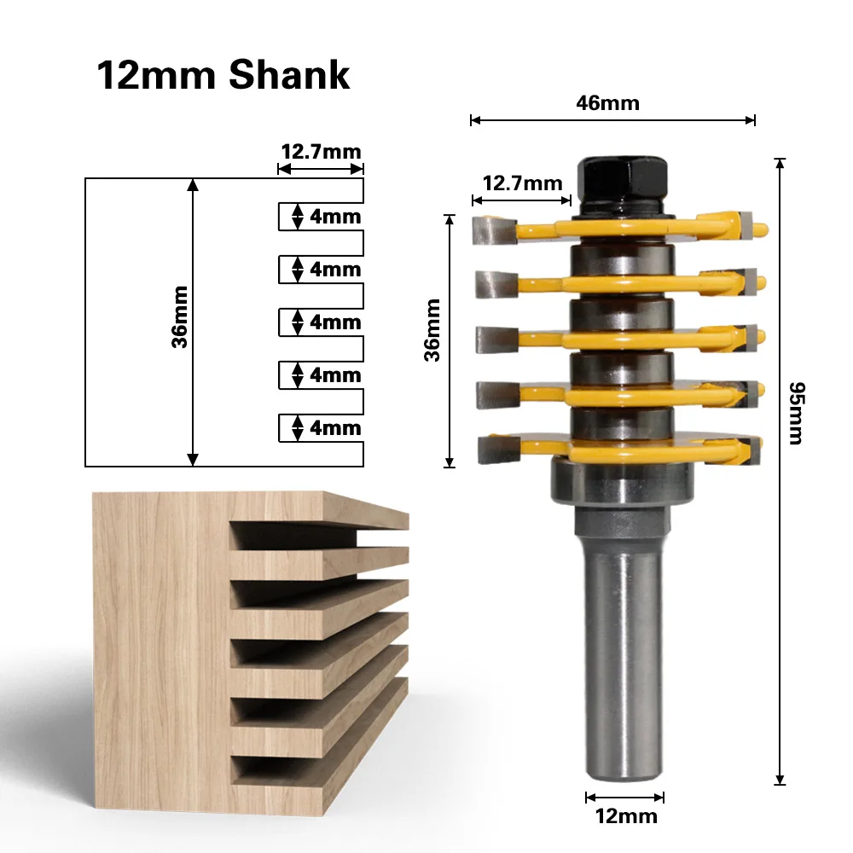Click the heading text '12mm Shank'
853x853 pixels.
click(x=223, y=75)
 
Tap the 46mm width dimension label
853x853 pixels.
click(x=607, y=103)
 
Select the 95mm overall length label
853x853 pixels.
click(x=797, y=414)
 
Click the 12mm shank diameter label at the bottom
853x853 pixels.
click(x=626, y=816)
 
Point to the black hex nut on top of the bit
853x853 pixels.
click(x=623, y=178)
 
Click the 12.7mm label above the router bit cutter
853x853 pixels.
click(x=522, y=183)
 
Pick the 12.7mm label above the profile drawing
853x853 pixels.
click(x=321, y=151)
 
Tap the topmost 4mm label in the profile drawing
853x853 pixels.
click(x=335, y=217)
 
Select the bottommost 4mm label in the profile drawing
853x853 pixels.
click(x=335, y=428)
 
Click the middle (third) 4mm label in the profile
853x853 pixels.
click(x=335, y=322)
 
